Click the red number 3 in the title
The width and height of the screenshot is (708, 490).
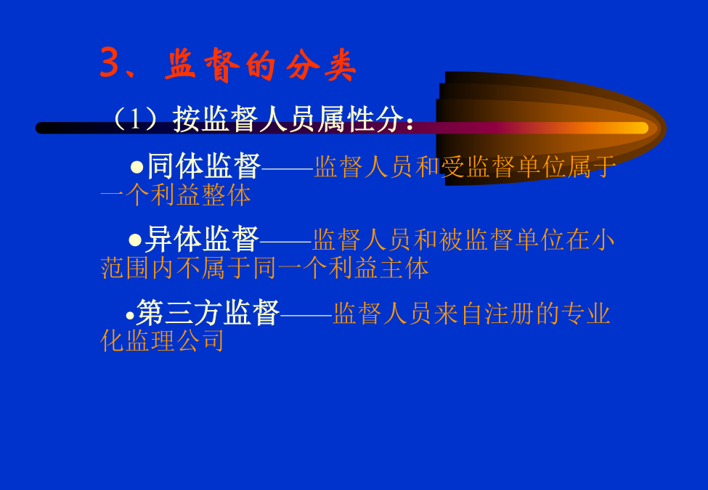click(x=110, y=62)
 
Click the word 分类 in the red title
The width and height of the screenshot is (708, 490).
click(x=321, y=65)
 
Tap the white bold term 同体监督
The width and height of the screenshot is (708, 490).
click(x=204, y=166)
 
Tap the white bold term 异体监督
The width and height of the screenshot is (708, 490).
click(x=203, y=239)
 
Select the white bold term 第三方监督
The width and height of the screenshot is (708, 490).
click(x=208, y=312)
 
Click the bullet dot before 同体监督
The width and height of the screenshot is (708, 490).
click(x=137, y=168)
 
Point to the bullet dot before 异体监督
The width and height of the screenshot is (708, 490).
click(x=135, y=240)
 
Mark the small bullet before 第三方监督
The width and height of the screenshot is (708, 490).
click(x=130, y=315)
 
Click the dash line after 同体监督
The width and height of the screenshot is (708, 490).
click(x=287, y=168)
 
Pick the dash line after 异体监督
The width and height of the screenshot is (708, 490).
click(x=285, y=242)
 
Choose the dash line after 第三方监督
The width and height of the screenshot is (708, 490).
click(x=306, y=315)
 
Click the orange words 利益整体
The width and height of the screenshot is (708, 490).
click(x=200, y=195)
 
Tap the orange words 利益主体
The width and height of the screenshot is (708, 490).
click(x=378, y=268)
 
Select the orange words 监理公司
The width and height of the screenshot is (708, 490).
click(x=175, y=340)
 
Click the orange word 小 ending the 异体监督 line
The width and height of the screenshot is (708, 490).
click(x=603, y=240)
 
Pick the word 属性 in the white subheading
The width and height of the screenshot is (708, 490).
click(x=346, y=119)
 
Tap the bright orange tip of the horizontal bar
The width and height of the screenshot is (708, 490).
click(x=640, y=128)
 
